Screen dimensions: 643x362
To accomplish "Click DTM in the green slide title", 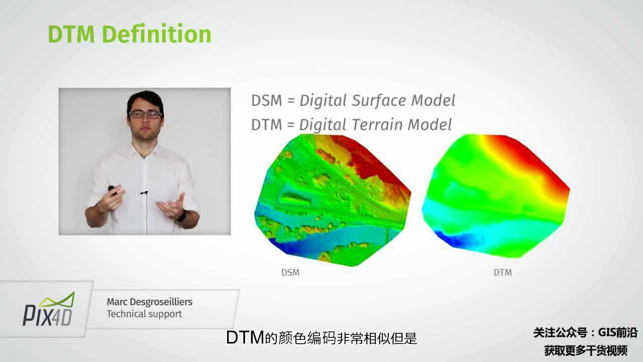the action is point(71,34).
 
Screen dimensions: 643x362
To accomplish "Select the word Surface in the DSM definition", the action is point(379,100).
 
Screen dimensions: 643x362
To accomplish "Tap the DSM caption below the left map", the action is point(290,273).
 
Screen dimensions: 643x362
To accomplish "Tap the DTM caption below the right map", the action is point(503,273).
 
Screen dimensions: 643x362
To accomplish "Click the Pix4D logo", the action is point(48,309).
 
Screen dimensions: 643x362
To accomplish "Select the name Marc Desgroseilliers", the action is point(150,302).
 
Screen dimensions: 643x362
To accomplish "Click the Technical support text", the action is point(144,314).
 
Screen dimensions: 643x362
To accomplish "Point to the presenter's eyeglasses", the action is point(145,114).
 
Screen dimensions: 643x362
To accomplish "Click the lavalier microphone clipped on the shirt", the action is point(144,193).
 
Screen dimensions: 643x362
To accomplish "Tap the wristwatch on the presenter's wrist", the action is point(182,216).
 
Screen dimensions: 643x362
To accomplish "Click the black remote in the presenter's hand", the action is point(112,190).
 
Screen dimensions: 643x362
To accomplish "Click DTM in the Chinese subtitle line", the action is point(245,337).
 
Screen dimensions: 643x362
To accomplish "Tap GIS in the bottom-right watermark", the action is point(606,332).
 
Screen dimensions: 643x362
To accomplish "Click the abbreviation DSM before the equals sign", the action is point(267,101).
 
